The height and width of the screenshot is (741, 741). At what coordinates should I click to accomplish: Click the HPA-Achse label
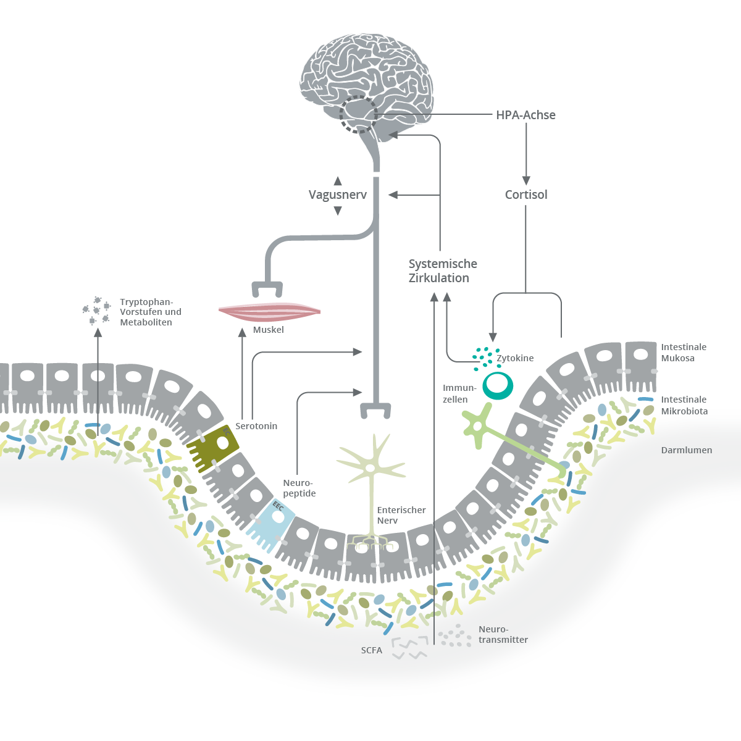tap(525, 115)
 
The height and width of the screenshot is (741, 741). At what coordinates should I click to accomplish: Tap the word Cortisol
tap(526, 195)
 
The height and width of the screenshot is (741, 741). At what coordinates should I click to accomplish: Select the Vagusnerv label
tap(337, 195)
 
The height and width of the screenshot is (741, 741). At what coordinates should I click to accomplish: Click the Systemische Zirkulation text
tap(442, 271)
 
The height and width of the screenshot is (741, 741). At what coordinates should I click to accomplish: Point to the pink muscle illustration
tap(269, 311)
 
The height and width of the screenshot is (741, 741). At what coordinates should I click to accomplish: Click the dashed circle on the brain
tap(358, 114)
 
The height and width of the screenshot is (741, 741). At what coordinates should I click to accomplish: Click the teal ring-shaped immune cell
tap(497, 385)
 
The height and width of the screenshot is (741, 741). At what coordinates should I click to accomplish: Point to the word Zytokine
tap(515, 358)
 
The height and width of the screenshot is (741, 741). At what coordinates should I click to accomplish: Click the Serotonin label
tap(256, 426)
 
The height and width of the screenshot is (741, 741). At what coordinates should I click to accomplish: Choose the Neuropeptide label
tap(299, 488)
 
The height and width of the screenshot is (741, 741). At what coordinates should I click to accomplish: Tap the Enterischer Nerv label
tap(401, 515)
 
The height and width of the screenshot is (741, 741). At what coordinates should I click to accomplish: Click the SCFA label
tap(372, 650)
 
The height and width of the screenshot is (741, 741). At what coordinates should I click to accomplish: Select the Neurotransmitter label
tap(503, 635)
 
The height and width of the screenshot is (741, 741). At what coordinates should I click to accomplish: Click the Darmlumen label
tap(686, 450)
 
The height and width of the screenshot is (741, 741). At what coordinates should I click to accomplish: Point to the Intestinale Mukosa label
tap(684, 353)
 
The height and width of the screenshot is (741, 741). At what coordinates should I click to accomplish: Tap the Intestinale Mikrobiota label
tap(684, 405)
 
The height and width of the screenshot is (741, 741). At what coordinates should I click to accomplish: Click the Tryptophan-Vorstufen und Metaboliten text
tap(150, 312)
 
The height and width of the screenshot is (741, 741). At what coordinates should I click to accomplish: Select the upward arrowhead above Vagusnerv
tap(338, 181)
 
